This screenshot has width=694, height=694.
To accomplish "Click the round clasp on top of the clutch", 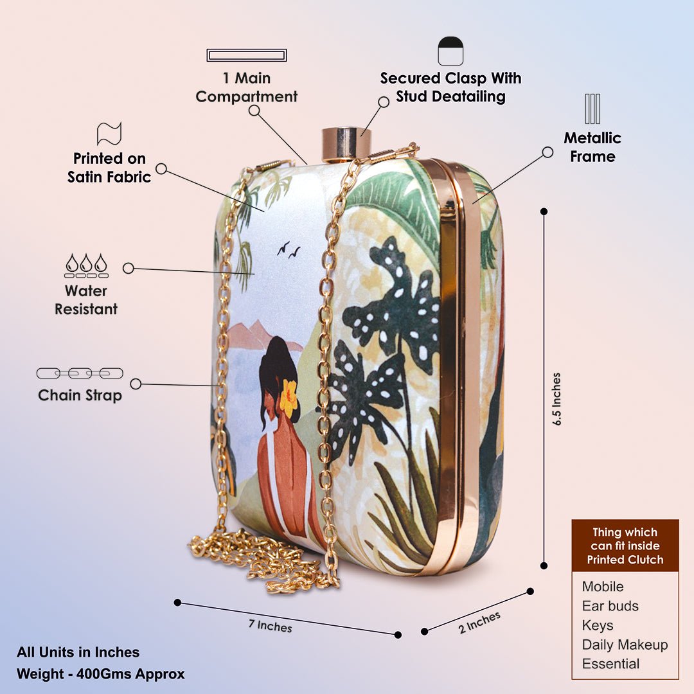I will (346, 143).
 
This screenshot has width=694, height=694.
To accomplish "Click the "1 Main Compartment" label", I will (247, 87).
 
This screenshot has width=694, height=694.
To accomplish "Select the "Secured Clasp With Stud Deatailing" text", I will (450, 87).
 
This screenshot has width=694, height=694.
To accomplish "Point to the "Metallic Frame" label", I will (592, 147).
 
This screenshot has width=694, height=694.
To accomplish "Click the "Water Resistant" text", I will (86, 300).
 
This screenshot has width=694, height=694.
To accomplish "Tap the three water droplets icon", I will (86, 264).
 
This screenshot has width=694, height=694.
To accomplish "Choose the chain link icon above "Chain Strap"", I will (80, 373).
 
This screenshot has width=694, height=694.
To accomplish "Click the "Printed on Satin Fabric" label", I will (109, 167).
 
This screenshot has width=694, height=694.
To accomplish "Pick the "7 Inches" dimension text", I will (270, 625).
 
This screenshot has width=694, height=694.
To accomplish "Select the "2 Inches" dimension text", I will (479, 622).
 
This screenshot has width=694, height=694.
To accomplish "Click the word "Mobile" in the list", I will (603, 587).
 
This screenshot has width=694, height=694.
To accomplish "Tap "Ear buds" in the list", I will (610, 606).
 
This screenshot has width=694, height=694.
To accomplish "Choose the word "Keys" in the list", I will (598, 625).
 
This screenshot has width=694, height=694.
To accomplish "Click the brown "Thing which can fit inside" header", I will (625, 546).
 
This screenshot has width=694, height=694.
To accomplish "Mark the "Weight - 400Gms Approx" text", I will (101, 674).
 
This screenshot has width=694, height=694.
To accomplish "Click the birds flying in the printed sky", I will (289, 251).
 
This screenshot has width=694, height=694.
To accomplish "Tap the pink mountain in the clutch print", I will (254, 335).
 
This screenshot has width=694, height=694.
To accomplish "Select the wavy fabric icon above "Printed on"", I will (109, 134).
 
